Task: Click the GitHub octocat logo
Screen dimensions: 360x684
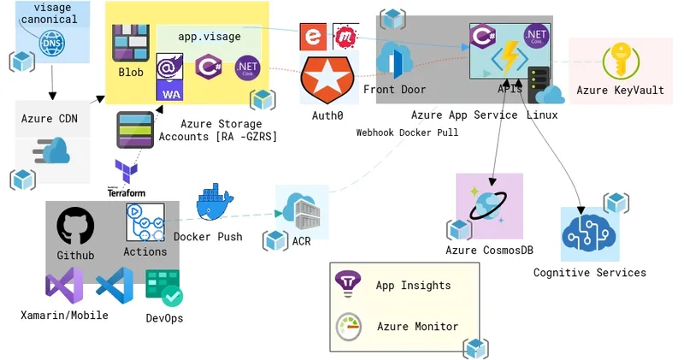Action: point(75,227)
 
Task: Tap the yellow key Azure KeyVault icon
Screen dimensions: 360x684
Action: point(620,62)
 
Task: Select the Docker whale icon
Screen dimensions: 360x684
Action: point(215,205)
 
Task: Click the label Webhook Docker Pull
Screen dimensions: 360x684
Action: point(407,133)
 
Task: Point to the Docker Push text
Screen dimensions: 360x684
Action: point(208,237)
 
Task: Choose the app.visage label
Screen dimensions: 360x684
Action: point(209,37)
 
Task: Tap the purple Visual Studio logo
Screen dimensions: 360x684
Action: point(64,288)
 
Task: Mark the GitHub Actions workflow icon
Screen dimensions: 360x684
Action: point(144,223)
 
